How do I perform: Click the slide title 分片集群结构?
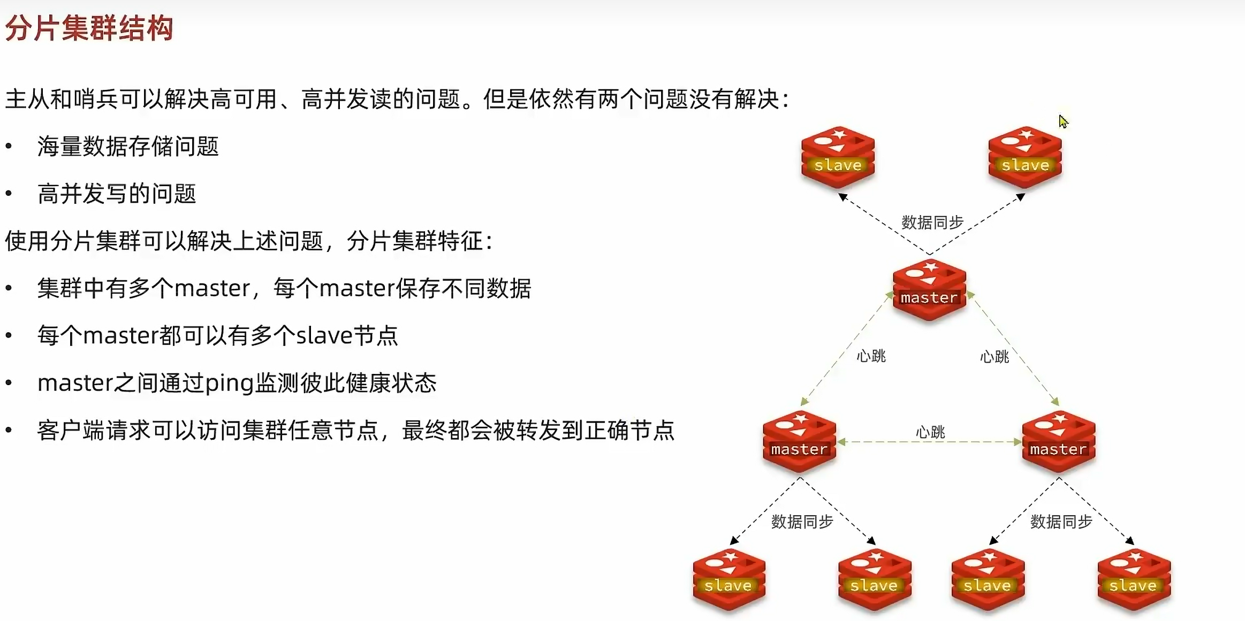(x=89, y=28)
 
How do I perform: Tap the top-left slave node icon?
(x=838, y=157)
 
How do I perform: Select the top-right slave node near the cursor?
(x=1024, y=157)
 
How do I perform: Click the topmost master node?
(x=929, y=290)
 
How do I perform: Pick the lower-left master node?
(x=799, y=442)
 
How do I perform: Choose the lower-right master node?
(x=1058, y=442)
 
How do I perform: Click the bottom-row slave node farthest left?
(x=728, y=579)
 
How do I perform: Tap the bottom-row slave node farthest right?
(x=1134, y=579)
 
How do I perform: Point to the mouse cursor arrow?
(x=1063, y=121)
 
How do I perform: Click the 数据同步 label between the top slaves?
(x=932, y=222)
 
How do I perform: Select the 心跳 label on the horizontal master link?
(x=930, y=432)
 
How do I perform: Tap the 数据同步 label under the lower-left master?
(x=802, y=522)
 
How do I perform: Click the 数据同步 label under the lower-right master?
(x=1061, y=522)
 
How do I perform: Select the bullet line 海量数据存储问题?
(x=128, y=147)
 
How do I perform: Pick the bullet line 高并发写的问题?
(x=117, y=194)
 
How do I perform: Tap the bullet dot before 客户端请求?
(x=9, y=430)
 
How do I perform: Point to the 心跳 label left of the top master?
(x=871, y=356)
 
